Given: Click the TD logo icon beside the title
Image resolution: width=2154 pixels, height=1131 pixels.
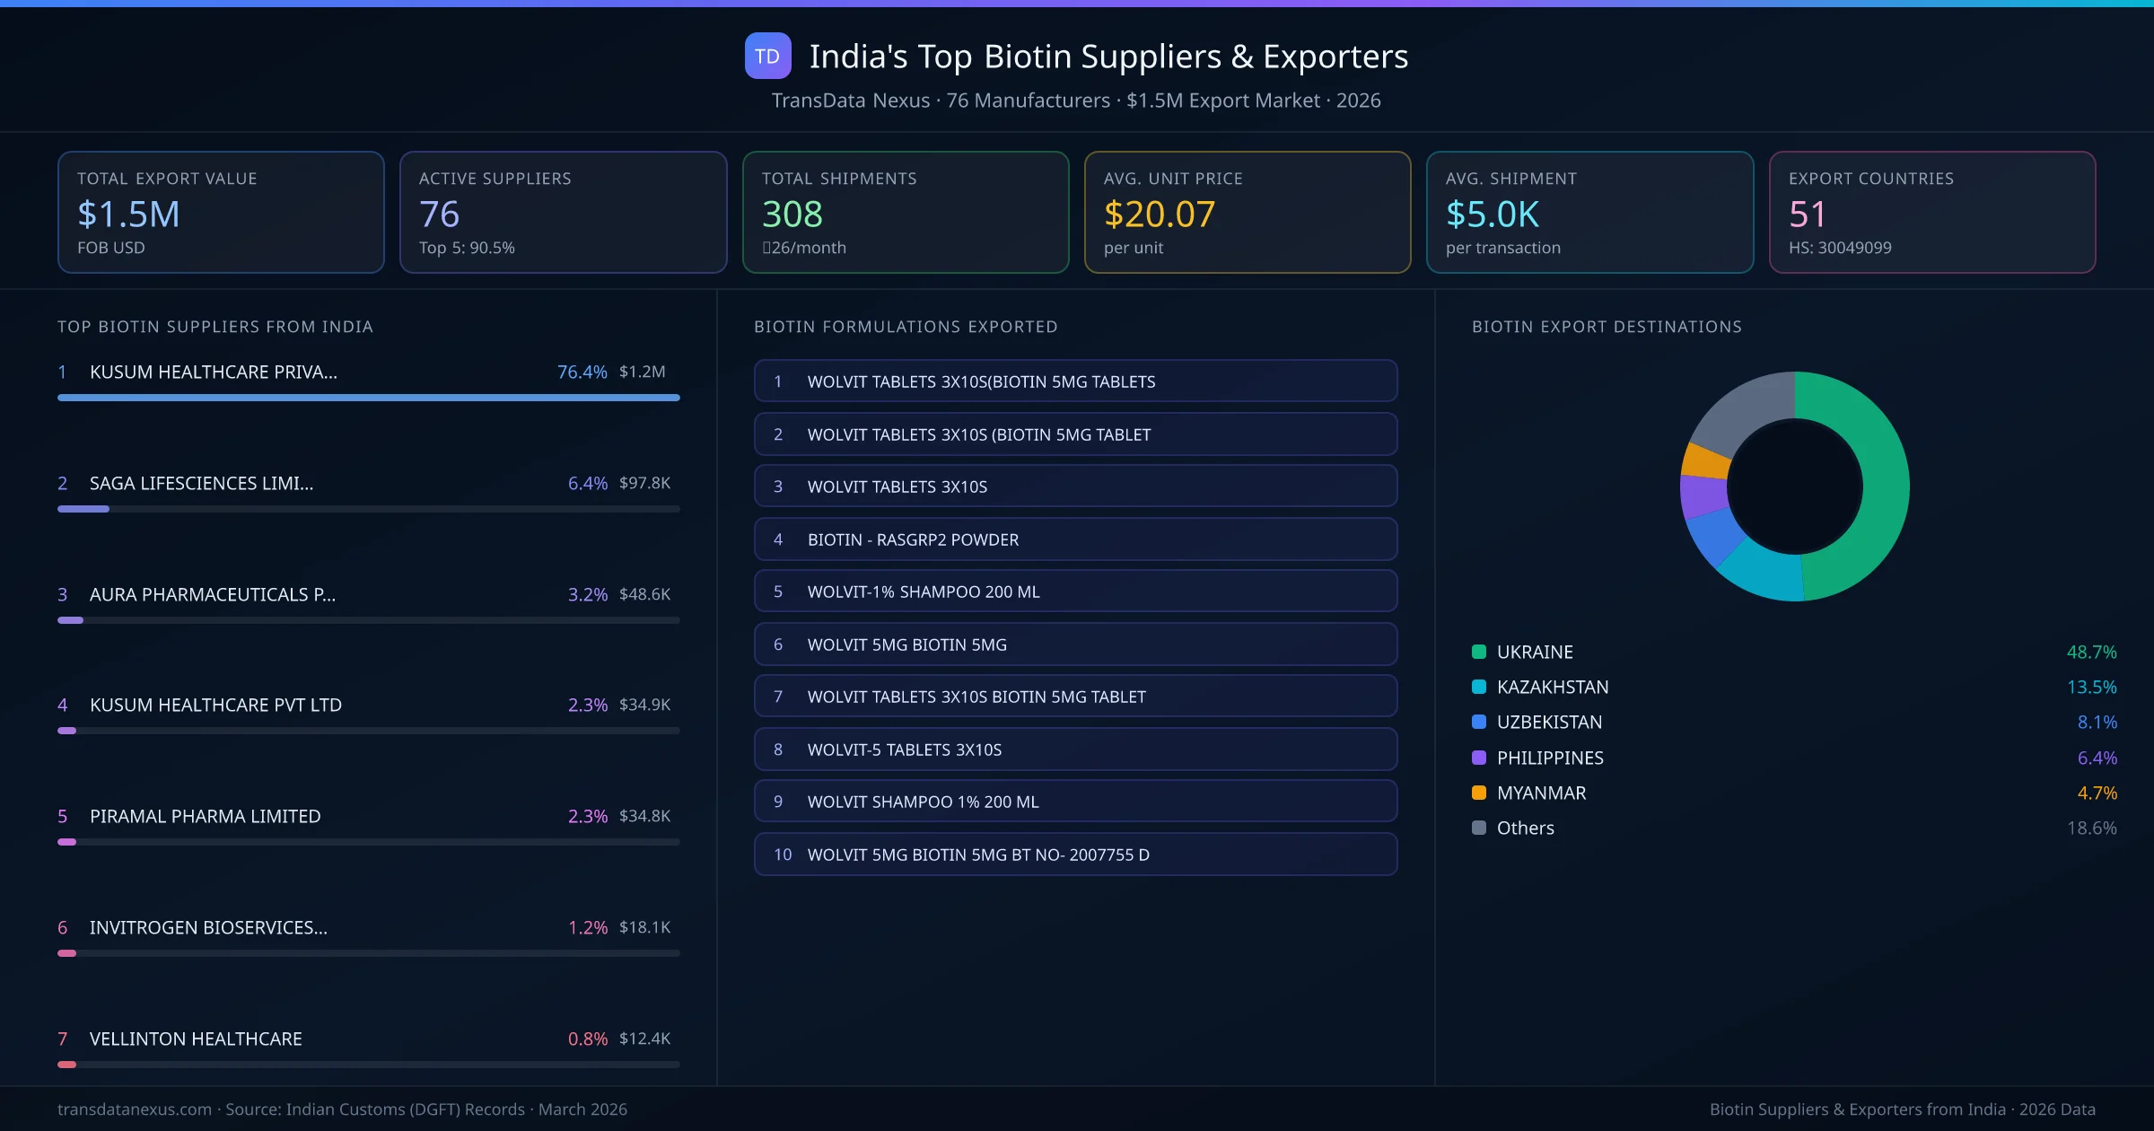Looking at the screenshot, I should (x=767, y=57).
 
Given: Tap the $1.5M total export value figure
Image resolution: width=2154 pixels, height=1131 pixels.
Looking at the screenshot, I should (x=128, y=215).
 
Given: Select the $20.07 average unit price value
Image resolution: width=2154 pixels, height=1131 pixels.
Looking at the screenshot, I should (x=1159, y=215).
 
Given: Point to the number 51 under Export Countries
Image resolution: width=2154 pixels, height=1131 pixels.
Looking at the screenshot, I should (x=1807, y=215).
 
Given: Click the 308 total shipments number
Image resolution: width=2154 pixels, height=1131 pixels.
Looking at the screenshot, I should (x=792, y=215).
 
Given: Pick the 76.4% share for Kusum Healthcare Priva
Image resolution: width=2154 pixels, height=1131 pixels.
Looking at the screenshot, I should (x=582, y=372).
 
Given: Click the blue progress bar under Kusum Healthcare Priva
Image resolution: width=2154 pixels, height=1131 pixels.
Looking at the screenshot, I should (x=368, y=398).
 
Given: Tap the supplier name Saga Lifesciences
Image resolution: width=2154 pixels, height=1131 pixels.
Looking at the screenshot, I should (x=201, y=483).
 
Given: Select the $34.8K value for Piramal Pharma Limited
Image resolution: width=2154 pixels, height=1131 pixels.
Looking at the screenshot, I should (x=644, y=816).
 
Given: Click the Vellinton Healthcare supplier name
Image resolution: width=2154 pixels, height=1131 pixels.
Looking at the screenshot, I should (x=196, y=1039).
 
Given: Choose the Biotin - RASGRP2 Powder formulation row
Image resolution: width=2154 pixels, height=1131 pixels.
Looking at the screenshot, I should (x=1075, y=539).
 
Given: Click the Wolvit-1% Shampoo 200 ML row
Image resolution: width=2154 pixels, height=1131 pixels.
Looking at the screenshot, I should (x=1075, y=592).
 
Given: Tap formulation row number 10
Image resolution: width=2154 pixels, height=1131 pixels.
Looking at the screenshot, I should (x=1075, y=855).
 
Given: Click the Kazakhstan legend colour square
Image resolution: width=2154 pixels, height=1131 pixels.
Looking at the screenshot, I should (x=1479, y=687).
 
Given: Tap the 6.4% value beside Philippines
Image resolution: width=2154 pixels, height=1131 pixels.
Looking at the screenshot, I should (x=2097, y=758).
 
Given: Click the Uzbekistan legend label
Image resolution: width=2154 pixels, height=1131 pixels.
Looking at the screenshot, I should (x=1549, y=723).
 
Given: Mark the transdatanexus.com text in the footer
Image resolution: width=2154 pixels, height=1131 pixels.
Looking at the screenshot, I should (x=135, y=1109).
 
